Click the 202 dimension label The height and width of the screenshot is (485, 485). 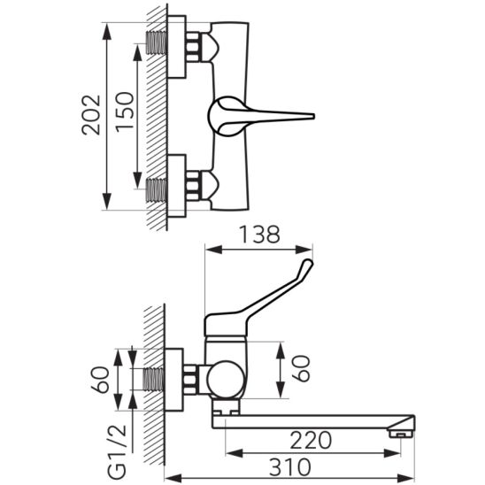(91, 115)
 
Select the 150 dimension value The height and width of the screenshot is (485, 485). (125, 112)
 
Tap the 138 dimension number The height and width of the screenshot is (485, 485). (260, 235)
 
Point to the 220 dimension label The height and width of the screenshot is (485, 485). (311, 441)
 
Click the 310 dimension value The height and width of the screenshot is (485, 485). (290, 467)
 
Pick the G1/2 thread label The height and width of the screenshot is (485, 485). (119, 451)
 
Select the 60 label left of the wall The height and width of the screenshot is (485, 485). (100, 380)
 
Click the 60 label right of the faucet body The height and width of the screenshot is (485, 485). (300, 368)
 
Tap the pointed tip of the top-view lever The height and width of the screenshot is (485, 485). (314, 116)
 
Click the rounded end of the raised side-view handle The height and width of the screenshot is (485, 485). (308, 264)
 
